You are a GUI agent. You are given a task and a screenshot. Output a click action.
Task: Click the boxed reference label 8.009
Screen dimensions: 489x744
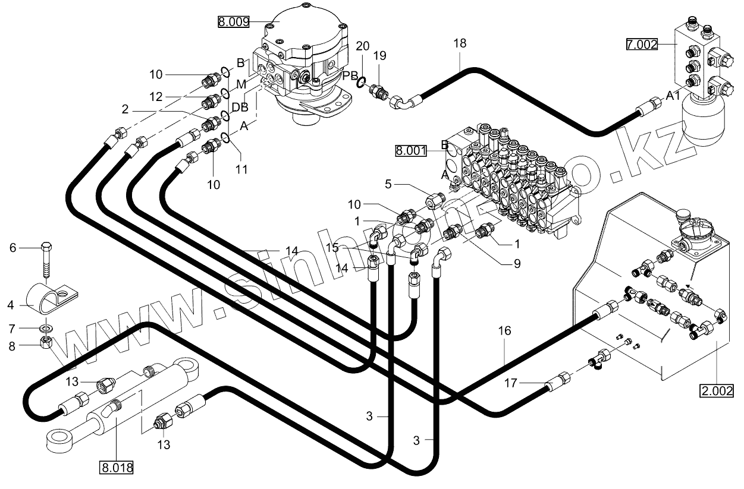pyautogui.click(x=233, y=23)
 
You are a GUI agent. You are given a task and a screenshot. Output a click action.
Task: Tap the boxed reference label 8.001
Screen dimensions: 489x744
pyautogui.click(x=411, y=151)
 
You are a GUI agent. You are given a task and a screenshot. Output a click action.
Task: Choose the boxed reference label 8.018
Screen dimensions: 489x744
pyautogui.click(x=116, y=467)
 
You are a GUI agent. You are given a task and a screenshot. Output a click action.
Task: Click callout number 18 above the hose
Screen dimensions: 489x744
pyautogui.click(x=460, y=43)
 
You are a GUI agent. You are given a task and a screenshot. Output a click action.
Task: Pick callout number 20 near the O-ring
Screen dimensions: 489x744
pyautogui.click(x=363, y=46)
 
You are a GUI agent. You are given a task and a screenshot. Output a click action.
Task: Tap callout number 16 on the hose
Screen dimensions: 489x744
pyautogui.click(x=504, y=331)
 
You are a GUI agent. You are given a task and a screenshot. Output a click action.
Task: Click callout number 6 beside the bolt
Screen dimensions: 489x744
pyautogui.click(x=12, y=248)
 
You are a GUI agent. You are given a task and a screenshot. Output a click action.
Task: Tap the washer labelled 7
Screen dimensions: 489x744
pyautogui.click(x=47, y=328)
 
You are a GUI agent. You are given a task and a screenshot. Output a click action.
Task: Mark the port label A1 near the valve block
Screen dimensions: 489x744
pyautogui.click(x=673, y=96)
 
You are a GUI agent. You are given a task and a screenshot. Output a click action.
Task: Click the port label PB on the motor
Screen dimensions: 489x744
pyautogui.click(x=350, y=75)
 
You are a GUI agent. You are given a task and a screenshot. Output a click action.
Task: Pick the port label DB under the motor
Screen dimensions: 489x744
pyautogui.click(x=240, y=107)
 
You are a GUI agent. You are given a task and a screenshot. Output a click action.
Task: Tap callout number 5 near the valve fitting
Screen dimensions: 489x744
pyautogui.click(x=388, y=184)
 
